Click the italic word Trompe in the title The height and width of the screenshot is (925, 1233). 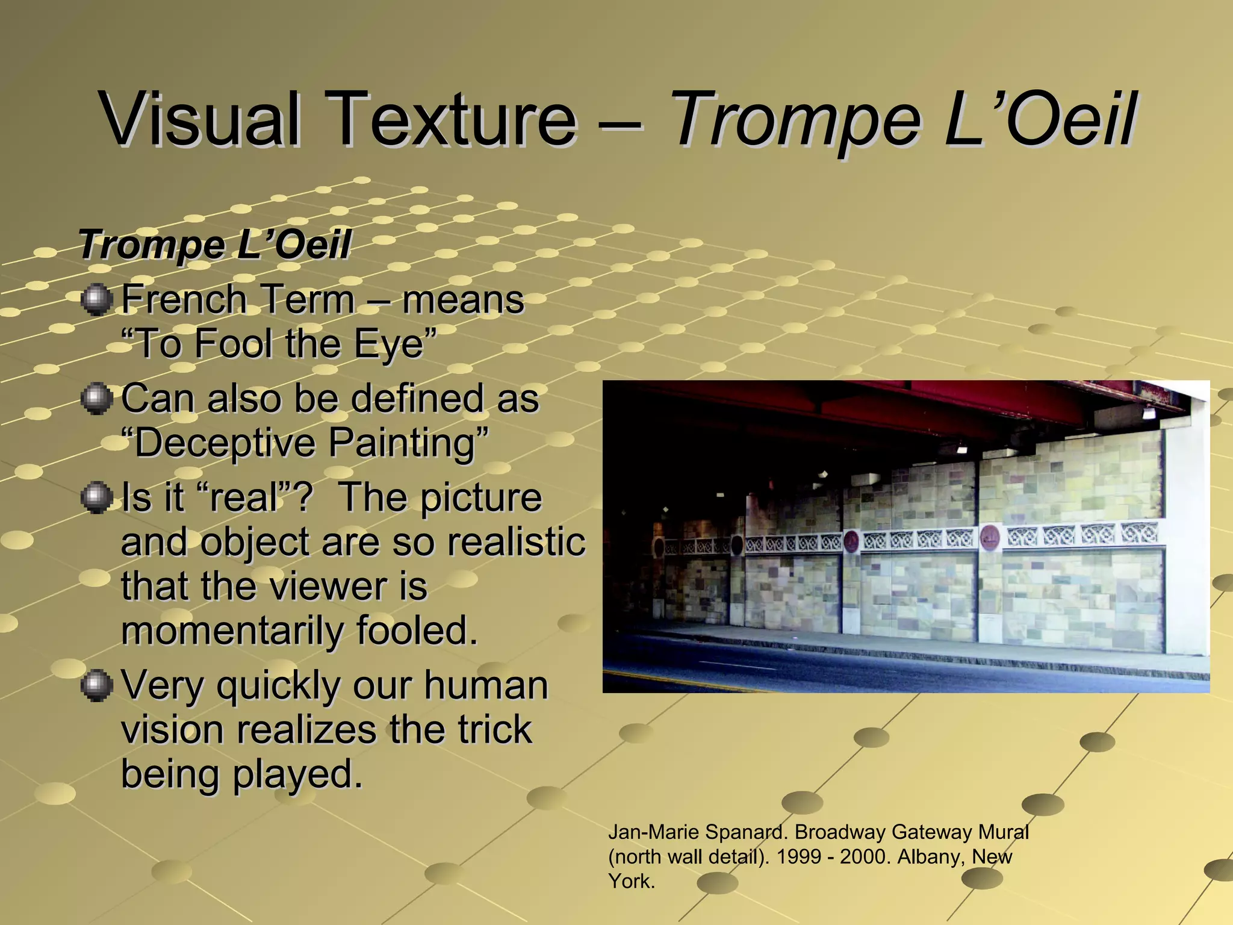tap(795, 119)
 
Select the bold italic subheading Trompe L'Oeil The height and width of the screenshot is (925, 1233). tap(214, 244)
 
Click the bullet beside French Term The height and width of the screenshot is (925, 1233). tap(96, 300)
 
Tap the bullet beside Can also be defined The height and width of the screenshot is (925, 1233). tap(96, 399)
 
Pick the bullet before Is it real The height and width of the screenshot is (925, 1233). tap(96, 498)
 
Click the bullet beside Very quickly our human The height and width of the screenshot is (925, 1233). tap(96, 686)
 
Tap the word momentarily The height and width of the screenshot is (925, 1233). tap(232, 631)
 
